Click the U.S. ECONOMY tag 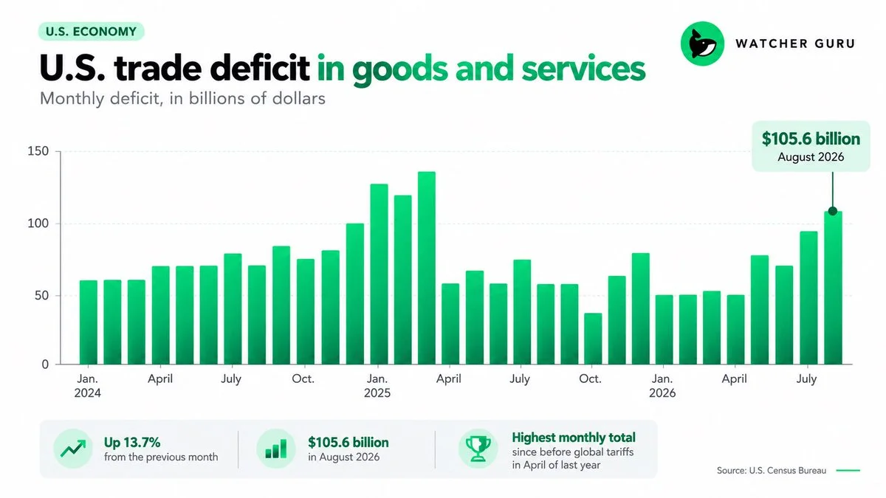pos(92,31)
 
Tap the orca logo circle pos(702,44)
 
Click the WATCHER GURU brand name pos(795,44)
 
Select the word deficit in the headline pos(259,68)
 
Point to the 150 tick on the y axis pos(38,151)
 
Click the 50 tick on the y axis pos(41,296)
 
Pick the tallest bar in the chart pos(427,268)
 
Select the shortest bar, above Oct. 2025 pos(593,339)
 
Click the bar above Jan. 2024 pos(88,322)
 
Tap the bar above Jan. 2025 pos(379,274)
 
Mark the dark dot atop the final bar pos(833,211)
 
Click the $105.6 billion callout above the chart pos(811,146)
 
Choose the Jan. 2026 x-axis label pos(662,386)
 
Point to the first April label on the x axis pos(160,379)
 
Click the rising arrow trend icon pos(73,449)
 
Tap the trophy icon pos(478,449)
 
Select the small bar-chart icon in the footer pos(276,449)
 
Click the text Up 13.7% pos(132,442)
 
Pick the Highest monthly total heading pos(574,438)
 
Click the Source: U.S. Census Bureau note pos(772,471)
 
